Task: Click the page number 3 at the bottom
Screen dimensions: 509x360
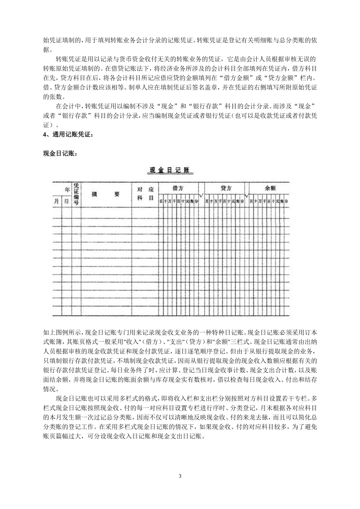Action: tap(180, 476)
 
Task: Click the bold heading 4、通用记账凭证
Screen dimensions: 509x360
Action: tap(67, 134)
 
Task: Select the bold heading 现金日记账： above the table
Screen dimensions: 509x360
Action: tap(60, 153)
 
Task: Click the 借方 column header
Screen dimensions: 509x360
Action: tap(178, 188)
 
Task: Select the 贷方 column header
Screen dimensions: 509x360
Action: tap(226, 188)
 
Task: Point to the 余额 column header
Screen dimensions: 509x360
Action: tap(270, 188)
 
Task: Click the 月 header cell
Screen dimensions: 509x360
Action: tap(56, 201)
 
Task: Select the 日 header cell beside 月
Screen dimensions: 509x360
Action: tap(66, 201)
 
